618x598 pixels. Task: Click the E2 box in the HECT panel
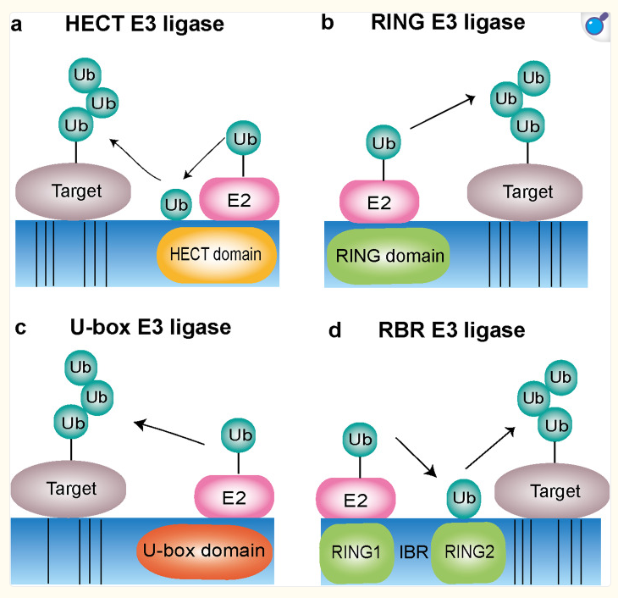pyautogui.click(x=239, y=200)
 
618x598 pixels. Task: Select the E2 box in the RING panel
pyautogui.click(x=378, y=202)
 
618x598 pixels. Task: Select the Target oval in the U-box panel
pyautogui.click(x=71, y=489)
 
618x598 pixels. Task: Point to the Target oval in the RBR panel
pyautogui.click(x=555, y=491)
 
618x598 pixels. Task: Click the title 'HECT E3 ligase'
pyautogui.click(x=145, y=25)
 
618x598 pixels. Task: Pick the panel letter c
pyautogui.click(x=20, y=329)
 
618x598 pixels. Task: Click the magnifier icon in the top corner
pyautogui.click(x=598, y=25)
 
